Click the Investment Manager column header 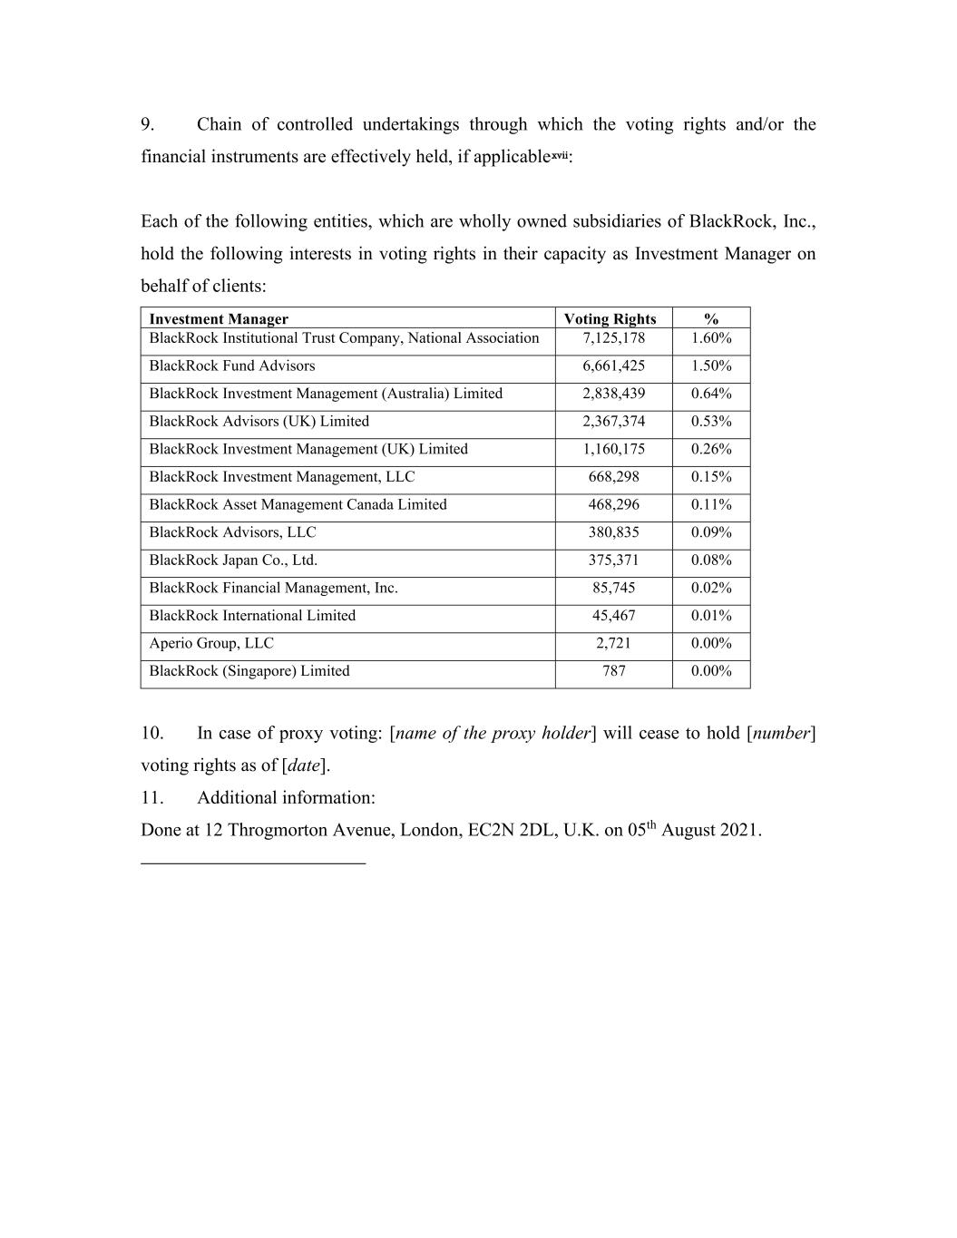point(219,318)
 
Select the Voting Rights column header point(610,318)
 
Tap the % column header point(711,318)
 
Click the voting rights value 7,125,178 point(613,338)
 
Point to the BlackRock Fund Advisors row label point(232,366)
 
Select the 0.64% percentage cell point(711,394)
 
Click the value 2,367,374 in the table point(613,421)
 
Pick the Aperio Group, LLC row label point(211,643)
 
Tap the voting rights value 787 point(613,671)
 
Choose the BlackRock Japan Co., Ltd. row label point(233,560)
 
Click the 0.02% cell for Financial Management point(711,588)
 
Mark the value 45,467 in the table point(613,615)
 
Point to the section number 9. point(148,124)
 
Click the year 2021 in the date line point(738,830)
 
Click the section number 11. point(151,797)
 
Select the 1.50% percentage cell point(711,366)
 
